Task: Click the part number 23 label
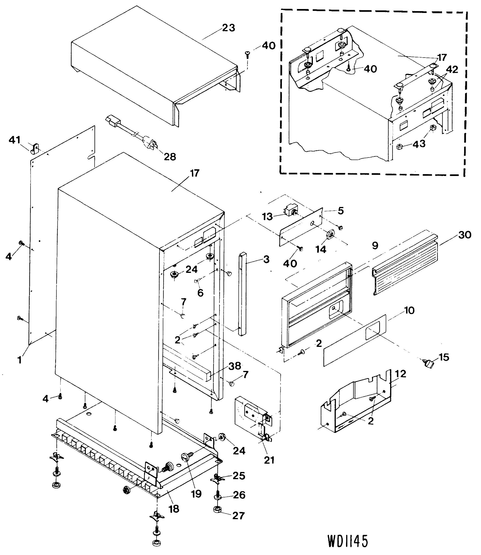coord(228,28)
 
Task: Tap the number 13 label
coord(267,217)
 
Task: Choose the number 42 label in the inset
coord(452,70)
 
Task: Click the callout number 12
coord(401,374)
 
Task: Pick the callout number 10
coord(409,311)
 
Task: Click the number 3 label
coord(266,259)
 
